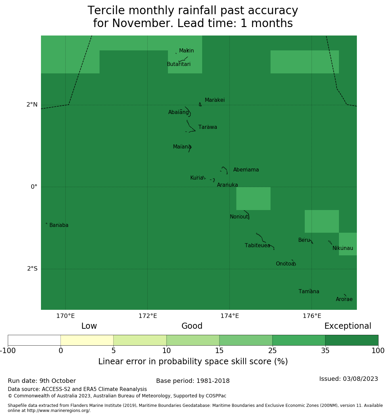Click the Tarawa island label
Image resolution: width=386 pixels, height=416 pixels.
click(x=208, y=128)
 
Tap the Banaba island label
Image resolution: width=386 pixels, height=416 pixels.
click(x=59, y=225)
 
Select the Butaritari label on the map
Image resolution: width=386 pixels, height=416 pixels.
click(x=178, y=64)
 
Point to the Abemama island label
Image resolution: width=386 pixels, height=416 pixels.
click(x=246, y=170)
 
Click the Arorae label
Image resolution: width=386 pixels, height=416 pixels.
click(x=344, y=299)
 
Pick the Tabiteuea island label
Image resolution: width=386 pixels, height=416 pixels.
click(x=257, y=246)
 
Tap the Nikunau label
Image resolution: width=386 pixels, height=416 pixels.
click(x=343, y=248)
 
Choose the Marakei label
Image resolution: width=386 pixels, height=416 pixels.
click(x=215, y=100)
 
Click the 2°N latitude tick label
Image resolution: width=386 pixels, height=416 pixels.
click(x=32, y=105)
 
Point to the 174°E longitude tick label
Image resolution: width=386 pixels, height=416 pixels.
click(x=230, y=316)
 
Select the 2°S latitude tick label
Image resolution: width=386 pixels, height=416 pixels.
click(x=32, y=269)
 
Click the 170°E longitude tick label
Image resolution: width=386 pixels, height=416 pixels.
click(x=65, y=316)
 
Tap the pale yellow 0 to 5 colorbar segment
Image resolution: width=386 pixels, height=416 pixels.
click(x=87, y=340)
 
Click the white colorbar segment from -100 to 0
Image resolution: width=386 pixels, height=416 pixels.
click(x=34, y=340)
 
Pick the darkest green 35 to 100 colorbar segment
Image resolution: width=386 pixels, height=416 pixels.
click(x=351, y=340)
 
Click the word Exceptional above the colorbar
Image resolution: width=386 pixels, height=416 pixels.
click(x=348, y=326)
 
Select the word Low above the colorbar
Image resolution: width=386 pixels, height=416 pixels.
click(x=89, y=326)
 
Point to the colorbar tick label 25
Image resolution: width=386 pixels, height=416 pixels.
click(x=272, y=351)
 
